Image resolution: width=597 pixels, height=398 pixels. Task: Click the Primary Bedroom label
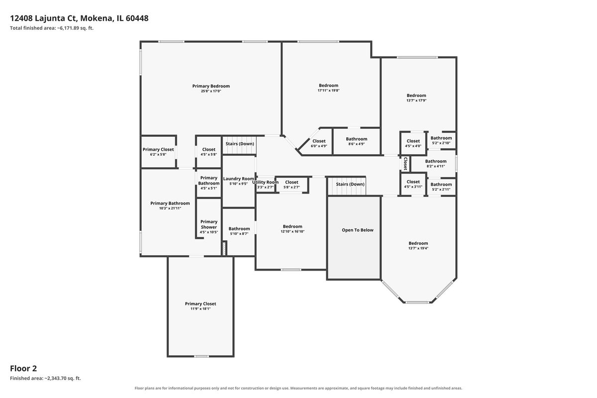click(211, 86)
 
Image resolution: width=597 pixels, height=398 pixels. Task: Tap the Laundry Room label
click(238, 179)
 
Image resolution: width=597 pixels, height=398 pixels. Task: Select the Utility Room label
click(266, 182)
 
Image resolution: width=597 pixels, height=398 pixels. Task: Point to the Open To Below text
click(357, 230)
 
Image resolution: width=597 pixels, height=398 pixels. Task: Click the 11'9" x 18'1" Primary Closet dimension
click(200, 308)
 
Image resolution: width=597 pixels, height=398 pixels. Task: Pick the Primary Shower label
click(208, 224)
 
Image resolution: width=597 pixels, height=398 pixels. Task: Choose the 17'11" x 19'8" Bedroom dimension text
click(328, 91)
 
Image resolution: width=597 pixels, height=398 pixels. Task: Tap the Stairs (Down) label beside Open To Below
click(350, 184)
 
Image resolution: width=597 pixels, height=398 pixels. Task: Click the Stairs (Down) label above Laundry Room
click(240, 144)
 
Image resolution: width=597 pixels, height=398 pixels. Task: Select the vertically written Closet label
click(405, 163)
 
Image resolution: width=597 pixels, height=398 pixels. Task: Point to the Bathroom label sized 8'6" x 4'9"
click(356, 139)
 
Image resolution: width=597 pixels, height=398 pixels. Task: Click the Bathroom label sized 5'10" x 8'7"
click(239, 229)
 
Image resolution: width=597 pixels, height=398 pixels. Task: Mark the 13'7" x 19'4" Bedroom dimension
click(418, 248)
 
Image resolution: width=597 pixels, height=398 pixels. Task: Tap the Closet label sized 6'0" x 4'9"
click(319, 141)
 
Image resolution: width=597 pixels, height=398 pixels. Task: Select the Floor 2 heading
click(23, 369)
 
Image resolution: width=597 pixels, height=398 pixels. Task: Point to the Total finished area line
click(52, 28)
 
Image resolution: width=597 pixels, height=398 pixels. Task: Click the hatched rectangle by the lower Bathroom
click(224, 248)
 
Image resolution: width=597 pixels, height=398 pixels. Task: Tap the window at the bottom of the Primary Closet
click(201, 356)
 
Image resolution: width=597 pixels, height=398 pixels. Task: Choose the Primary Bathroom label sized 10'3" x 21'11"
click(170, 203)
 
